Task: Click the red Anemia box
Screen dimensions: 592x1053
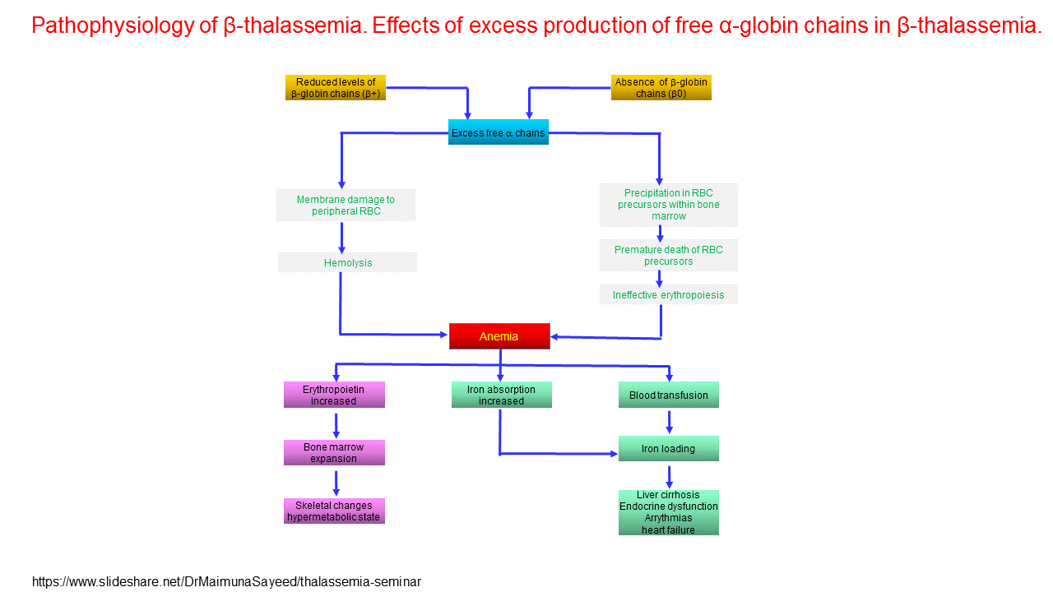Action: click(499, 336)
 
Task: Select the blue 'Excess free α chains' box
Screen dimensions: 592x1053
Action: click(498, 132)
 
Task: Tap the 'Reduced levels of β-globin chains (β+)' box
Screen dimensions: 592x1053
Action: click(336, 88)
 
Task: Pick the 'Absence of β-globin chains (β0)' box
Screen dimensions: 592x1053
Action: click(661, 88)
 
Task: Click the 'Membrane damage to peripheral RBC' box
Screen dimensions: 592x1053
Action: click(346, 206)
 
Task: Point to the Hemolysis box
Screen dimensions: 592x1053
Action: click(347, 263)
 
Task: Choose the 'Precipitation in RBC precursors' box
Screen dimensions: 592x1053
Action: click(668, 205)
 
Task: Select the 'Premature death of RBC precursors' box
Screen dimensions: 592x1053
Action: click(668, 256)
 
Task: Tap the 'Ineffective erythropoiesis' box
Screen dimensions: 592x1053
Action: click(668, 294)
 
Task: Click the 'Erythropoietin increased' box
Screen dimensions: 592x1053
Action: click(334, 395)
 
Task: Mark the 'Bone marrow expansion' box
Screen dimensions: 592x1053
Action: click(334, 453)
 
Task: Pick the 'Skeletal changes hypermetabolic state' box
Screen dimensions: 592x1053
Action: click(334, 511)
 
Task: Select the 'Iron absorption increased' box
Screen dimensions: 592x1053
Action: click(501, 395)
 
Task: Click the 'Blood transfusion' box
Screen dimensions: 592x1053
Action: click(668, 395)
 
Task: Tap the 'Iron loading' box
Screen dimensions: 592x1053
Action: click(668, 449)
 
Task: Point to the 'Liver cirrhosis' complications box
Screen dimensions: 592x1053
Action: click(668, 512)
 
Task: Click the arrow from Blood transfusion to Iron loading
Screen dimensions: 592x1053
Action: click(669, 422)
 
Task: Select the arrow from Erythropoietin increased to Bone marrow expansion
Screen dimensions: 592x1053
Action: click(336, 426)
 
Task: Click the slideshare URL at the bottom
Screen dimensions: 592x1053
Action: click(226, 582)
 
